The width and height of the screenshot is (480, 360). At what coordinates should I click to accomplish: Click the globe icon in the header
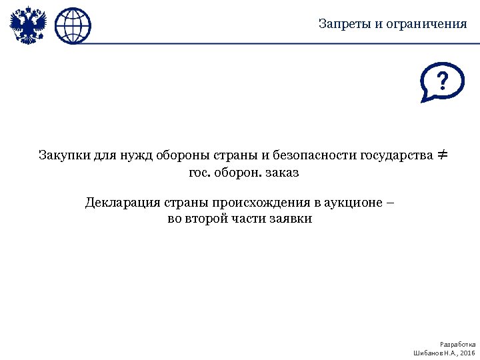click(73, 26)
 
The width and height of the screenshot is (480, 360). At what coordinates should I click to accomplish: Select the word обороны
click(182, 156)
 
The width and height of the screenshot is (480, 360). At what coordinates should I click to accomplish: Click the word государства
click(395, 156)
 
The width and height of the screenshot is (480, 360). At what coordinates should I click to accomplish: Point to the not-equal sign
click(442, 155)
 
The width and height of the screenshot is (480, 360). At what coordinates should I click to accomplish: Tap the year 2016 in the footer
click(468, 352)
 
